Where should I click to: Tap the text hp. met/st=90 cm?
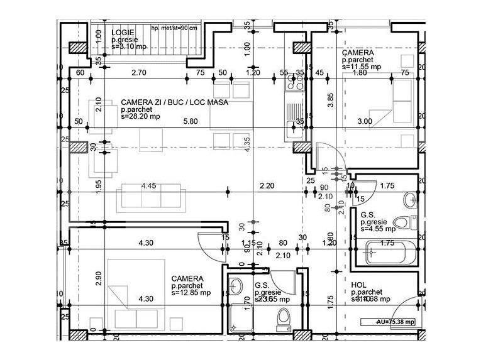point(174,28)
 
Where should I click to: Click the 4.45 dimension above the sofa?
point(148,186)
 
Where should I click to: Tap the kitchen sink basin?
point(293,129)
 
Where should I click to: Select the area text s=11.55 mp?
point(362,66)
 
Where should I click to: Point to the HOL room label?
point(359,285)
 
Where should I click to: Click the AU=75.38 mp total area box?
point(389,322)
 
